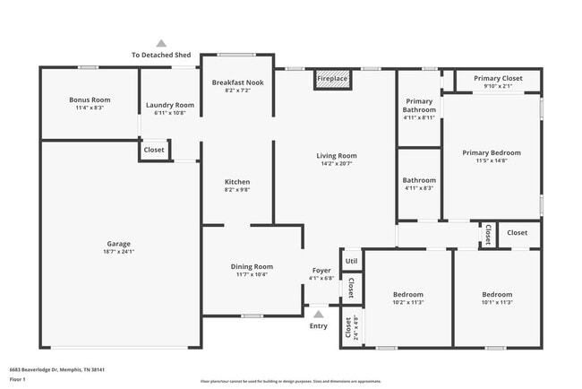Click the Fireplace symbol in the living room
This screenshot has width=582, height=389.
[x=332, y=80]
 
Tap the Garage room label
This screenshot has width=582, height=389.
[x=119, y=244]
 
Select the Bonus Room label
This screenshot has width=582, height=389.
[x=90, y=99]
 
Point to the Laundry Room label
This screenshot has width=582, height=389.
[x=169, y=105]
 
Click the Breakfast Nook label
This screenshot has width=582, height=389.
[x=237, y=82]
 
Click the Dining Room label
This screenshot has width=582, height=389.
[x=252, y=266]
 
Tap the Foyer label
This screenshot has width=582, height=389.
[x=321, y=270]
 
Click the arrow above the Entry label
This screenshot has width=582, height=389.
[x=319, y=314]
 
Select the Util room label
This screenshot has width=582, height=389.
[x=351, y=262]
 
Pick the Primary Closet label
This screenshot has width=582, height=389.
[x=497, y=78]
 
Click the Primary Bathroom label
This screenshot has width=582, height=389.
[x=419, y=105]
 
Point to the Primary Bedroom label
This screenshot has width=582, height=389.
[x=492, y=152]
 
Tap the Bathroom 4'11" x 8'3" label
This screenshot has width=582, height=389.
[x=419, y=180]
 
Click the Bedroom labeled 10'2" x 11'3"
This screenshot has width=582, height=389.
[x=407, y=294]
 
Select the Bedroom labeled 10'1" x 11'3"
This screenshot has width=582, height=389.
[x=497, y=294]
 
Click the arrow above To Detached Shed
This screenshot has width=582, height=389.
[x=161, y=43]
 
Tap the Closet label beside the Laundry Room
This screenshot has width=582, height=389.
[x=154, y=150]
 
